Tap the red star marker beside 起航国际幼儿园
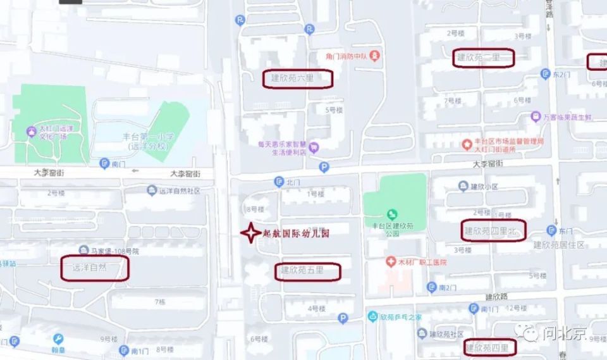[250, 232]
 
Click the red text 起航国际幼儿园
[296, 233]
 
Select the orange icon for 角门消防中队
[376, 56]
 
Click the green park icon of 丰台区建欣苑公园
[393, 214]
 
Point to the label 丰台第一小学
[147, 140]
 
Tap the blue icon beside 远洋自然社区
[152, 190]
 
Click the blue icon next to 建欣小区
[463, 186]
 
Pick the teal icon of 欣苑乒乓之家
[372, 316]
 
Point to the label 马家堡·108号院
[110, 251]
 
